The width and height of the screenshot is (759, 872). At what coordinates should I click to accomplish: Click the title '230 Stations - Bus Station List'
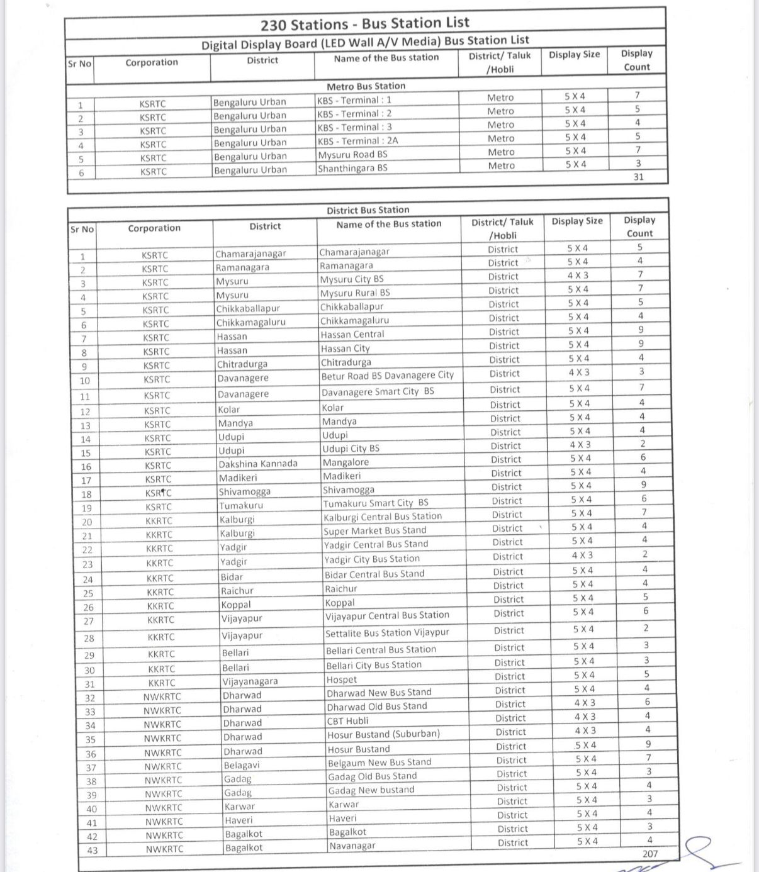pyautogui.click(x=365, y=24)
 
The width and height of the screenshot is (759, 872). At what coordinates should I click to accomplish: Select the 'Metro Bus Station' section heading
pyautogui.click(x=366, y=86)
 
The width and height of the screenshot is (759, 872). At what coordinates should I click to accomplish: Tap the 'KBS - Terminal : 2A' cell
pyautogui.click(x=357, y=141)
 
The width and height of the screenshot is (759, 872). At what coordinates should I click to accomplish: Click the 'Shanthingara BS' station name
pyautogui.click(x=352, y=168)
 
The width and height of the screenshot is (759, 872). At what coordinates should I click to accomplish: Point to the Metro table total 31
pyautogui.click(x=638, y=177)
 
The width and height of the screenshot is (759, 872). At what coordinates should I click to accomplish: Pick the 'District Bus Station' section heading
pyautogui.click(x=368, y=210)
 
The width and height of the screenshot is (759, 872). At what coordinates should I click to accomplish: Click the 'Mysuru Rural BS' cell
pyautogui.click(x=355, y=293)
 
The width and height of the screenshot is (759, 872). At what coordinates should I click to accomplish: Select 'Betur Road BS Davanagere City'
pyautogui.click(x=387, y=376)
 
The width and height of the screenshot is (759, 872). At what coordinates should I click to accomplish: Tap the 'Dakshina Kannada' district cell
pyautogui.click(x=258, y=464)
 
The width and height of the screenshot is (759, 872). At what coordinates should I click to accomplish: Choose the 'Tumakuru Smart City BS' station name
pyautogui.click(x=375, y=503)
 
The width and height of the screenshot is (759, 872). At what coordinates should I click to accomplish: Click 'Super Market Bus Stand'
pyautogui.click(x=374, y=530)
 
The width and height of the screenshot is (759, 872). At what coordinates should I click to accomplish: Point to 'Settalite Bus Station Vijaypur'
pyautogui.click(x=387, y=633)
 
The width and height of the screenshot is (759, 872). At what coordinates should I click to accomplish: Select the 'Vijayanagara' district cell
pyautogui.click(x=250, y=681)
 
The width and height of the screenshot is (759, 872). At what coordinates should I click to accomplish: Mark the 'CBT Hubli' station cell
pyautogui.click(x=347, y=721)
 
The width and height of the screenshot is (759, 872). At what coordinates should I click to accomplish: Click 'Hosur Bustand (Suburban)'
pyautogui.click(x=383, y=734)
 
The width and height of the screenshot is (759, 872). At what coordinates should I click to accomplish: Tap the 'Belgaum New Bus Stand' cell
pyautogui.click(x=379, y=763)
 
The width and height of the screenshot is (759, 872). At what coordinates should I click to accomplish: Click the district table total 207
pyautogui.click(x=650, y=854)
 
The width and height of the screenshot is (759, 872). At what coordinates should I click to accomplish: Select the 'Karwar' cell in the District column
pyautogui.click(x=240, y=807)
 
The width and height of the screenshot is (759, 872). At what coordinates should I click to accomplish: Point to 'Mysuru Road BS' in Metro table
pyautogui.click(x=352, y=155)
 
